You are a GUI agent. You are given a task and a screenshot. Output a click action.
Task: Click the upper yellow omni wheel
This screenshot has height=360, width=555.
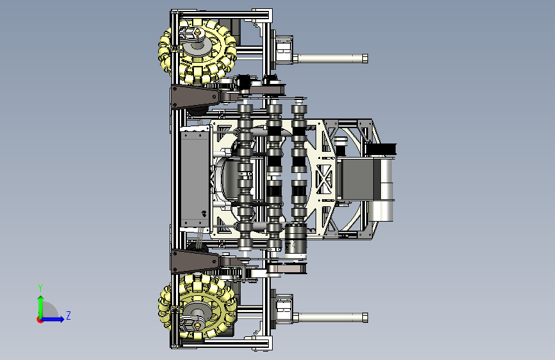point(197,52)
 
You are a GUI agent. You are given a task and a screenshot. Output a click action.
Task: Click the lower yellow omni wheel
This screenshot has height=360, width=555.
point(197,307)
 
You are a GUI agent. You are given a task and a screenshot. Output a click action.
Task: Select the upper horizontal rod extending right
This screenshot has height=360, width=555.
point(331,58)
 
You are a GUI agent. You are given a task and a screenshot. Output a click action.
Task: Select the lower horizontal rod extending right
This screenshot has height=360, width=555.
point(331,318)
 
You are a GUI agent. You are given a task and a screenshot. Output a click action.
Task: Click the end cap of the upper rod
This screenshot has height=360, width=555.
point(365,58)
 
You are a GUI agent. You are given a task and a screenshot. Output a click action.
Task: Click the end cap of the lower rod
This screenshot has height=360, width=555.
point(365,318)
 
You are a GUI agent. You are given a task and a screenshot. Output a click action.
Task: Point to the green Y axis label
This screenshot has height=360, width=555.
point(40,288)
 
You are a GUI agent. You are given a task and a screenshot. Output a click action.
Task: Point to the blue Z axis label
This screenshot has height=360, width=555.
point(68,315)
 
